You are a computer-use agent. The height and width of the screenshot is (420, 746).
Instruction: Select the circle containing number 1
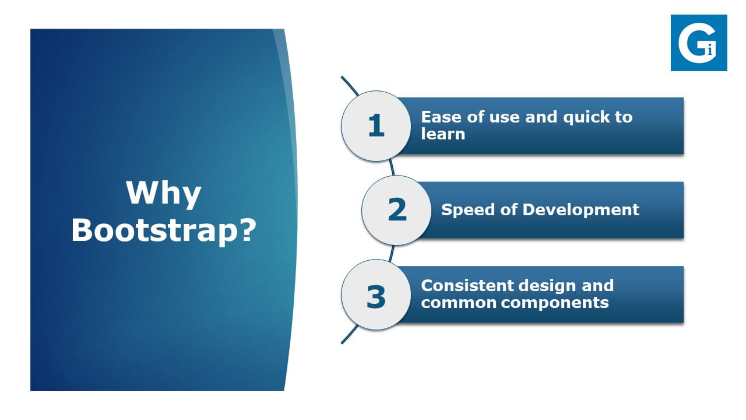click(x=376, y=126)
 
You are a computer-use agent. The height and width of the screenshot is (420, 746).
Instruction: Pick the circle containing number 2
click(x=396, y=211)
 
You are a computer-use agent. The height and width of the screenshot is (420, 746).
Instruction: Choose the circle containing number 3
click(x=376, y=295)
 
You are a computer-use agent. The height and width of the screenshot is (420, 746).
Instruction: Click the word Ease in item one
click(x=441, y=117)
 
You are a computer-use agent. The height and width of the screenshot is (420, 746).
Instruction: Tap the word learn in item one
click(x=443, y=134)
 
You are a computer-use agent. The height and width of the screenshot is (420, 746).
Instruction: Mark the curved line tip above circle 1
click(x=342, y=78)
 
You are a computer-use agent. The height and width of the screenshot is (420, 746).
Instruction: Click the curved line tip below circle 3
click(x=342, y=342)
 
